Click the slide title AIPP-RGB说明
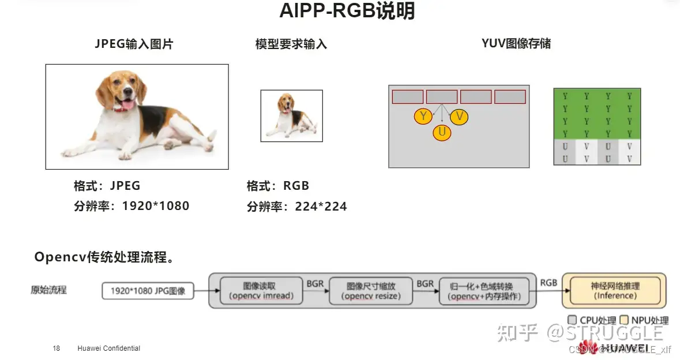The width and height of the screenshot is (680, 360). [347, 11]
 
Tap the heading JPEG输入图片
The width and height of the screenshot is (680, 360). [134, 44]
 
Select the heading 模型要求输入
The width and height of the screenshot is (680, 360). [291, 44]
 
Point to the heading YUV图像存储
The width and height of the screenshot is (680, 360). [516, 43]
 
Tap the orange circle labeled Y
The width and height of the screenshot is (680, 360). [423, 117]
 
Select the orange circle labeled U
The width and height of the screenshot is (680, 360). [442, 133]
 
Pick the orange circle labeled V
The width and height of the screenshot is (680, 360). [459, 117]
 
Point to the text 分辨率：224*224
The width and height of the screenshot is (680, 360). [296, 207]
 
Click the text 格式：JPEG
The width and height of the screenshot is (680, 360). [107, 186]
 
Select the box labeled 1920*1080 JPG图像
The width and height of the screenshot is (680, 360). [148, 291]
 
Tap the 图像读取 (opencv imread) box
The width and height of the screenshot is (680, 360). [261, 291]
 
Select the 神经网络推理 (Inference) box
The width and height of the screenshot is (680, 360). [615, 290]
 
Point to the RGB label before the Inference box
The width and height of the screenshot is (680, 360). [548, 283]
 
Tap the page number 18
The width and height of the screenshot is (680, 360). [56, 348]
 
